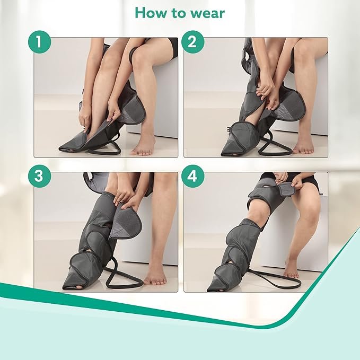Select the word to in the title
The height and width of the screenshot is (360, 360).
(x=178, y=13)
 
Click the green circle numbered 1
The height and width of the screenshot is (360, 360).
(x=39, y=42)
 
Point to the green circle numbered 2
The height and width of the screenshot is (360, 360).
(x=192, y=42)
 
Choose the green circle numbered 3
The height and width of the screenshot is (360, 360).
(x=39, y=176)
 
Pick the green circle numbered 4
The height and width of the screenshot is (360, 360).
(x=192, y=176)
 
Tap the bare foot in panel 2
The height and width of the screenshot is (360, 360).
(x=303, y=145)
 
